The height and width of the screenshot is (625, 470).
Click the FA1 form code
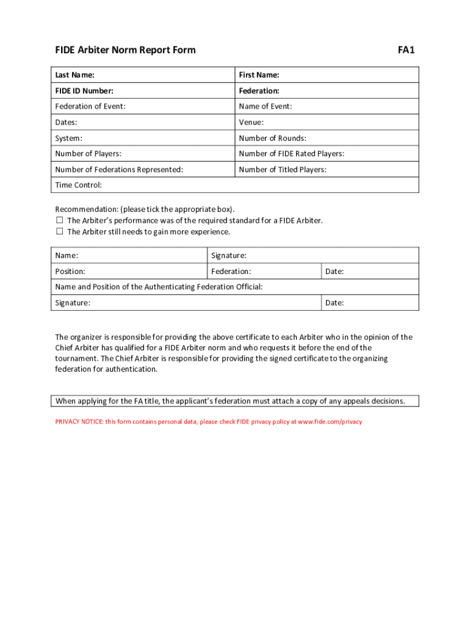tap(406, 50)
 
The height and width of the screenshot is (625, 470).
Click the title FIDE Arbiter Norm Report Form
tap(125, 50)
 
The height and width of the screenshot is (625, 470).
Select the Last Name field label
tap(74, 75)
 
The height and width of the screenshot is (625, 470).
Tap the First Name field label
tap(259, 75)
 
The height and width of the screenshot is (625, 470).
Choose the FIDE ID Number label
tap(84, 91)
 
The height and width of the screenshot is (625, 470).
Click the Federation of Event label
tap(90, 107)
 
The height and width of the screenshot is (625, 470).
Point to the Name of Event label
tap(266, 107)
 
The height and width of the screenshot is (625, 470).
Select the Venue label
tap(251, 123)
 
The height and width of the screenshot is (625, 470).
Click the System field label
tap(68, 139)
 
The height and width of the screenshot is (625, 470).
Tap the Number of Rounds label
tap(272, 139)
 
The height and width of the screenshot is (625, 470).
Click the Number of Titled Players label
tap(283, 170)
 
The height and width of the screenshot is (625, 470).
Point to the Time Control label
tap(79, 186)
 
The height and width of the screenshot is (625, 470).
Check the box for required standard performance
tap(60, 220)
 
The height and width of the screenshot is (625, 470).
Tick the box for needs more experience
tap(60, 232)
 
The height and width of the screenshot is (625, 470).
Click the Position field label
tap(70, 272)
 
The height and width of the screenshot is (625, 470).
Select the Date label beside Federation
tap(334, 272)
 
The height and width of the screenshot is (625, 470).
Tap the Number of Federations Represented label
tap(119, 170)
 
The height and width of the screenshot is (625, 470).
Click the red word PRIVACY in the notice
tap(67, 422)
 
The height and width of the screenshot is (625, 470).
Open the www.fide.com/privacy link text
tap(330, 422)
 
